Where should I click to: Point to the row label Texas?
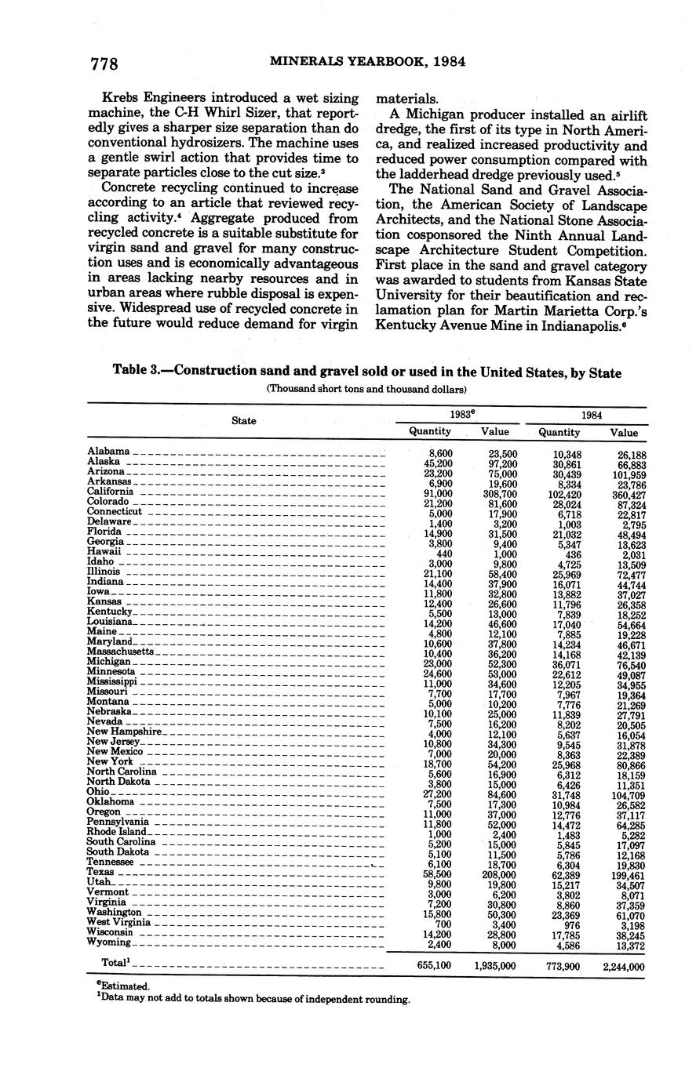(100, 871)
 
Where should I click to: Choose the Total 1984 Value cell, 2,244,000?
(624, 967)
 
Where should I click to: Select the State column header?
(244, 421)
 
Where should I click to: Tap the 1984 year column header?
(592, 414)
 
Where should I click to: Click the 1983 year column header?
(463, 414)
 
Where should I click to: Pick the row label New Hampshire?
(124, 732)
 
